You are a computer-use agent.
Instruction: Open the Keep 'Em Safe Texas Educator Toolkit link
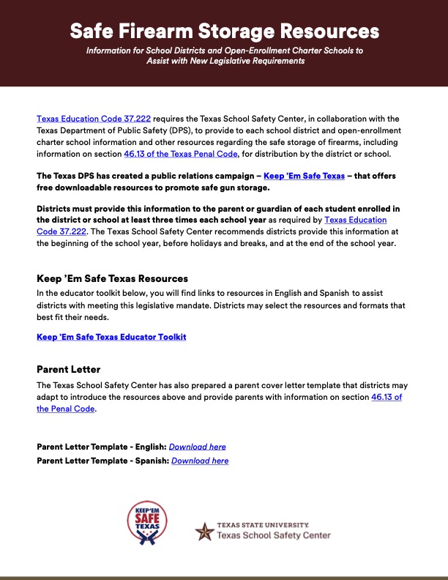coord(111,337)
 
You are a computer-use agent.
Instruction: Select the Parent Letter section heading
coord(69,369)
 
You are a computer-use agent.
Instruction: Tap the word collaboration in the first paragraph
coord(351,119)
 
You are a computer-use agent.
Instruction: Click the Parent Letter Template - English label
coord(101,447)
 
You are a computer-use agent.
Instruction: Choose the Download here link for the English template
coord(198,447)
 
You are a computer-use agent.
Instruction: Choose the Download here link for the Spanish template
coord(200,461)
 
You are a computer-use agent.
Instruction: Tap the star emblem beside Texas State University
coord(204,531)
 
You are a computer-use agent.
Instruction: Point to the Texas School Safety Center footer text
coord(273,535)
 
